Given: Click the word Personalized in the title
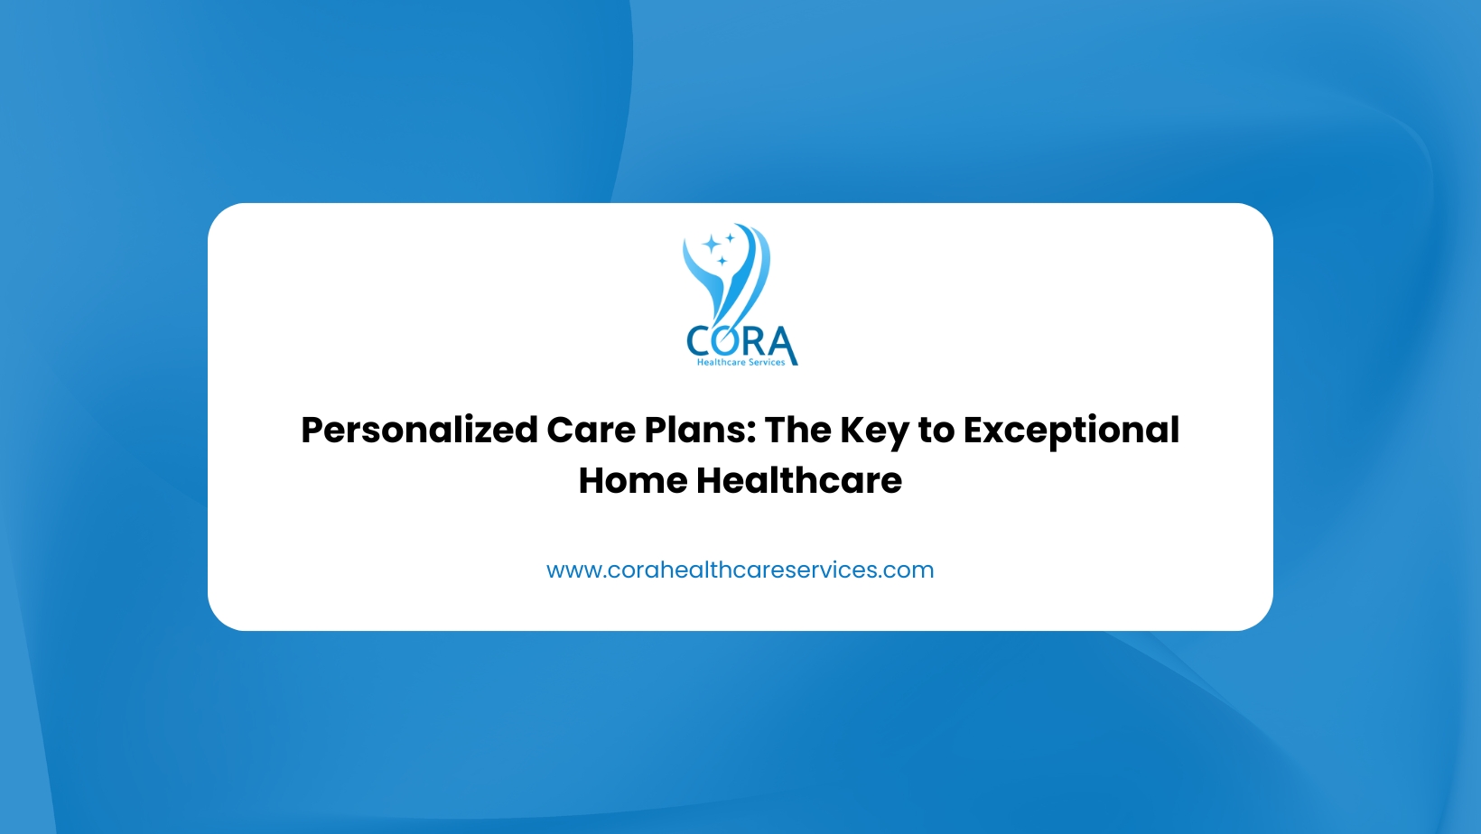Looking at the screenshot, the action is click(420, 431).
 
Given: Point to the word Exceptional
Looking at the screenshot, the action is click(1071, 431).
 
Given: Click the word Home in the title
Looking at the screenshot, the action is click(633, 480).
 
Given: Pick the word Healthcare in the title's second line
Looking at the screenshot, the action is click(798, 480).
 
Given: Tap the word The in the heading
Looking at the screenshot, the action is click(798, 430).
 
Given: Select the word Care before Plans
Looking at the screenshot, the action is click(591, 431).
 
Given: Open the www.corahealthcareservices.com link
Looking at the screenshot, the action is click(740, 570).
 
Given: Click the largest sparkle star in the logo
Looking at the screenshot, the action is click(712, 245).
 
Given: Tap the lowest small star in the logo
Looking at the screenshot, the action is click(722, 261).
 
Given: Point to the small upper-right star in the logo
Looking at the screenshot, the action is click(730, 237).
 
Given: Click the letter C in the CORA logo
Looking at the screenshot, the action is click(699, 341).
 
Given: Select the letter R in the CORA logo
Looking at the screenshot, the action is click(753, 341).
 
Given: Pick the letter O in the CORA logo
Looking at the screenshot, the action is click(727, 341).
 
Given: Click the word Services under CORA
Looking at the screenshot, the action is click(768, 362).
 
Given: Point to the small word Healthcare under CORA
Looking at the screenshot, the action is click(722, 362).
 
